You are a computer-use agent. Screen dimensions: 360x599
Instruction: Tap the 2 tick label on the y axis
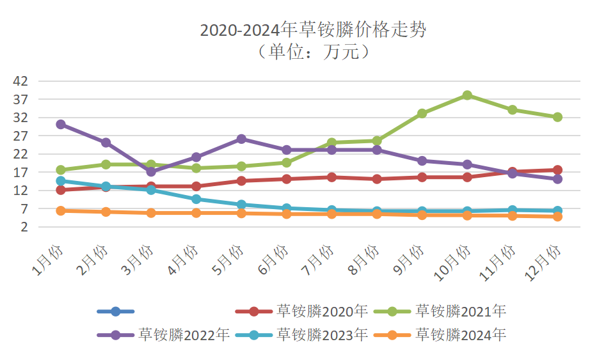pyautogui.click(x=24, y=227)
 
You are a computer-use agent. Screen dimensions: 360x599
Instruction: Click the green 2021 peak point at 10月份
pyautogui.click(x=467, y=95)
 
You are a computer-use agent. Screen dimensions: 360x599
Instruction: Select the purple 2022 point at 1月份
pyautogui.click(x=61, y=124)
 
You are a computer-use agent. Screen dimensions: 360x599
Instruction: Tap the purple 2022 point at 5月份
pyautogui.click(x=241, y=139)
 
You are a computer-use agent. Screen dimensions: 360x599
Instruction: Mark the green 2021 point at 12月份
pyautogui.click(x=557, y=117)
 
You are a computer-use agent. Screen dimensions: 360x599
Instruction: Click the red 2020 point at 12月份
pyautogui.click(x=557, y=170)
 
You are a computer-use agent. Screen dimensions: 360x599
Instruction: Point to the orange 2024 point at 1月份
pyautogui.click(x=61, y=210)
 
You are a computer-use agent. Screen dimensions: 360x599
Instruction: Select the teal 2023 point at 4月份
pyautogui.click(x=196, y=199)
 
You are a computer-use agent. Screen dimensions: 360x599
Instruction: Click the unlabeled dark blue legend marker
pyautogui.click(x=116, y=311)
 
